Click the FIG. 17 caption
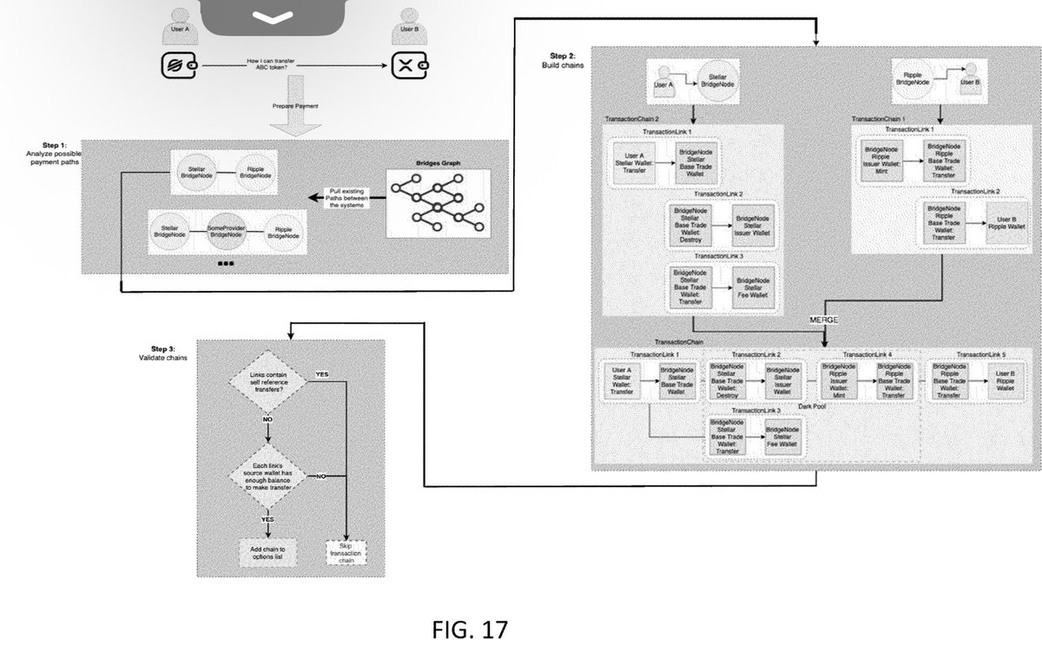pyautogui.click(x=469, y=627)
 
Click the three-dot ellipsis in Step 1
pyautogui.click(x=226, y=262)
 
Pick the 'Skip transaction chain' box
pyautogui.click(x=346, y=553)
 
